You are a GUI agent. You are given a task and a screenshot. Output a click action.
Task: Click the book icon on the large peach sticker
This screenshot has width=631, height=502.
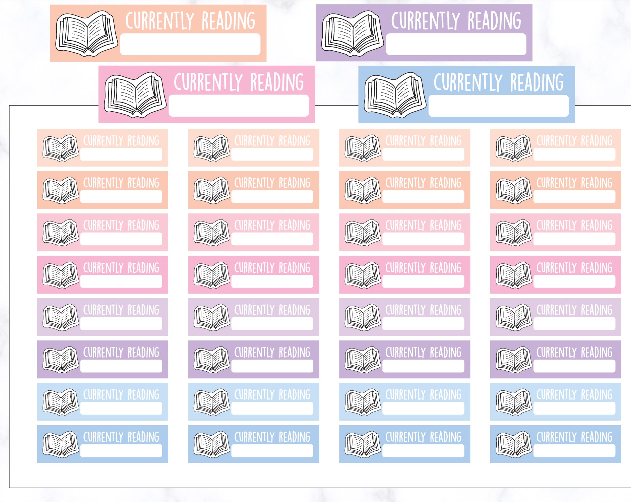point(87,34)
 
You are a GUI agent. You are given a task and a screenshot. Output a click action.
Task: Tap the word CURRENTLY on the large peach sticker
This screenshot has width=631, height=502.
point(160,21)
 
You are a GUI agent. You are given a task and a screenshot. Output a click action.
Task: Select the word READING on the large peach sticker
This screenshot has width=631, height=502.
point(229,21)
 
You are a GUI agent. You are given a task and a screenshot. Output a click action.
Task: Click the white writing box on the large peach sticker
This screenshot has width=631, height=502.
point(190,44)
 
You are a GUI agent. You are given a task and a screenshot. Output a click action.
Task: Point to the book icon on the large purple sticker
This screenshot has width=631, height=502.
point(353,34)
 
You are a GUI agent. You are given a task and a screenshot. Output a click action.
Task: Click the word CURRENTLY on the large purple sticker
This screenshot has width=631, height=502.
point(426,21)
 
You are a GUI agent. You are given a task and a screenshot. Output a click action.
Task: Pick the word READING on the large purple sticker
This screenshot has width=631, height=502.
point(494,21)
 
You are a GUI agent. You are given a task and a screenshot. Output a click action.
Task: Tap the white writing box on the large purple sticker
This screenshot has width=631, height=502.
point(456,44)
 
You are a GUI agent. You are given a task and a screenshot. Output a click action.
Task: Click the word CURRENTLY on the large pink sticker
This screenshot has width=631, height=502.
point(208,82)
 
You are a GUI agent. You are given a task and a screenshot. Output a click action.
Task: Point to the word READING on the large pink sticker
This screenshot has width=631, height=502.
point(277,82)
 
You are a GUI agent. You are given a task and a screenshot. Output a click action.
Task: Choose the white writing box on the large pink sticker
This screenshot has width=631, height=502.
point(239,106)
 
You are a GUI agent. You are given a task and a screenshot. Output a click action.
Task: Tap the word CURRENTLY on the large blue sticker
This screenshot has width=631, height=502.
point(468,82)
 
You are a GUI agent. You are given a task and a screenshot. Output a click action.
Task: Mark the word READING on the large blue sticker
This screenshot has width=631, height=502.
point(537,82)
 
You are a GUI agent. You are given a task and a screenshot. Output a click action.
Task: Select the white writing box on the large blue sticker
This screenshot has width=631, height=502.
point(499,106)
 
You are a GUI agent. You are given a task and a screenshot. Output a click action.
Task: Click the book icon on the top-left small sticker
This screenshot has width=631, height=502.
point(61,148)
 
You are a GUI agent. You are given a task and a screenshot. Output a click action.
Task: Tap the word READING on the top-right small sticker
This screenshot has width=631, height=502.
point(596,141)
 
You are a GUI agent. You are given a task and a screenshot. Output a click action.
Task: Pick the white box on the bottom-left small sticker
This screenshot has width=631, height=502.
point(121,451)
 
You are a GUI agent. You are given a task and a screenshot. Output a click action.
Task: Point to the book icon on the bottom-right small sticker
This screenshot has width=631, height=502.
point(514,444)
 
